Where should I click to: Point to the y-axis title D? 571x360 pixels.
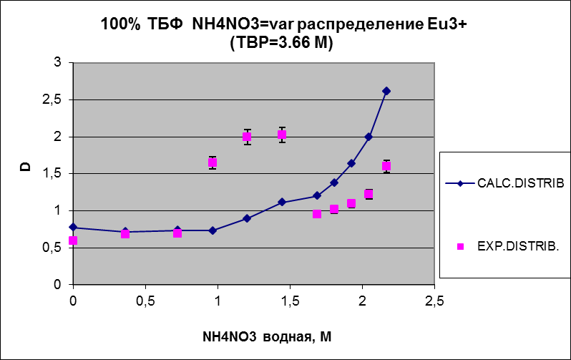tap(24, 168)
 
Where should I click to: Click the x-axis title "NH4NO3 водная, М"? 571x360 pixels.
tap(256, 336)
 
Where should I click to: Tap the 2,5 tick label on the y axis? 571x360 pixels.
tap(53, 99)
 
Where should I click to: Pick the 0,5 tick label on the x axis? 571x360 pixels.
tap(145, 299)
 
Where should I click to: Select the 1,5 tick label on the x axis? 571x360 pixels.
tap(290, 299)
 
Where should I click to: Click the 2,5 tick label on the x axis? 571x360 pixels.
tap(434, 299)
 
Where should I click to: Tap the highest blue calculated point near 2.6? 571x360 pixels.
tap(386, 91)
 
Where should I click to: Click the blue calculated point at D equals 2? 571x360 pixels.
tap(369, 137)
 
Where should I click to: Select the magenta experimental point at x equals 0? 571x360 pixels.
tap(73, 240)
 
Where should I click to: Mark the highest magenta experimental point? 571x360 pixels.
tap(282, 135)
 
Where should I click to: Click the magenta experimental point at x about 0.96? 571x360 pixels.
tap(213, 162)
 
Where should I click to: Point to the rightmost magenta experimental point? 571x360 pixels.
tap(386, 166)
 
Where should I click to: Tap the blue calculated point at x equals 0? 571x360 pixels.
tap(73, 227)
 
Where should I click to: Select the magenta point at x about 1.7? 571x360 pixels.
tap(317, 214)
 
